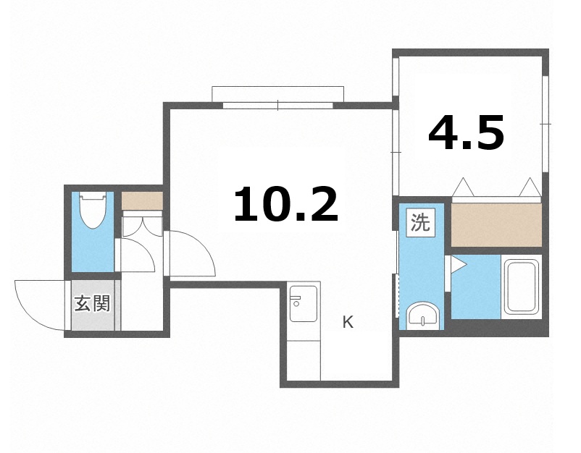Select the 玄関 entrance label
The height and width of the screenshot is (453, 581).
pyautogui.click(x=92, y=303)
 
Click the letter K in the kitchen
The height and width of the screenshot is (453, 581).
pyautogui.click(x=348, y=323)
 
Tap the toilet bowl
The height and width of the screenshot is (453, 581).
pyautogui.click(x=93, y=209)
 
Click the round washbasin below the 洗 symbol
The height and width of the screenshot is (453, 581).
pyautogui.click(x=422, y=316)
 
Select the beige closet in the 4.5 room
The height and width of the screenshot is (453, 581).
pyautogui.click(x=496, y=224)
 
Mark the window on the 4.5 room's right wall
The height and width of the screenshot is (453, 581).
pyautogui.click(x=544, y=124)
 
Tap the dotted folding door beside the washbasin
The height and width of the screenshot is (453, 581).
pyautogui.click(x=397, y=295)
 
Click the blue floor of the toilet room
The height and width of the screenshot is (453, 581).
pyautogui.click(x=92, y=250)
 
